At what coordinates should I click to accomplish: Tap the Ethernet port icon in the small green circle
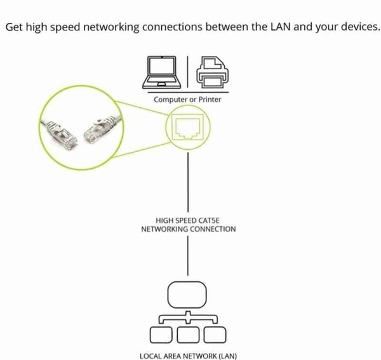click(187, 128)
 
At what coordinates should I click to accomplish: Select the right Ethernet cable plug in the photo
click(97, 128)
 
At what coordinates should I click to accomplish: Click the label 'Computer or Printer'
click(187, 100)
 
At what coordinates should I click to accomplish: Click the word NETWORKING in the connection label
click(163, 229)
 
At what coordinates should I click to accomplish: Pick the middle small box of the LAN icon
click(188, 333)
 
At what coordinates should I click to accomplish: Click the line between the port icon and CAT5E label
click(188, 181)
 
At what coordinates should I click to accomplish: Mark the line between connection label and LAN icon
click(188, 257)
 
